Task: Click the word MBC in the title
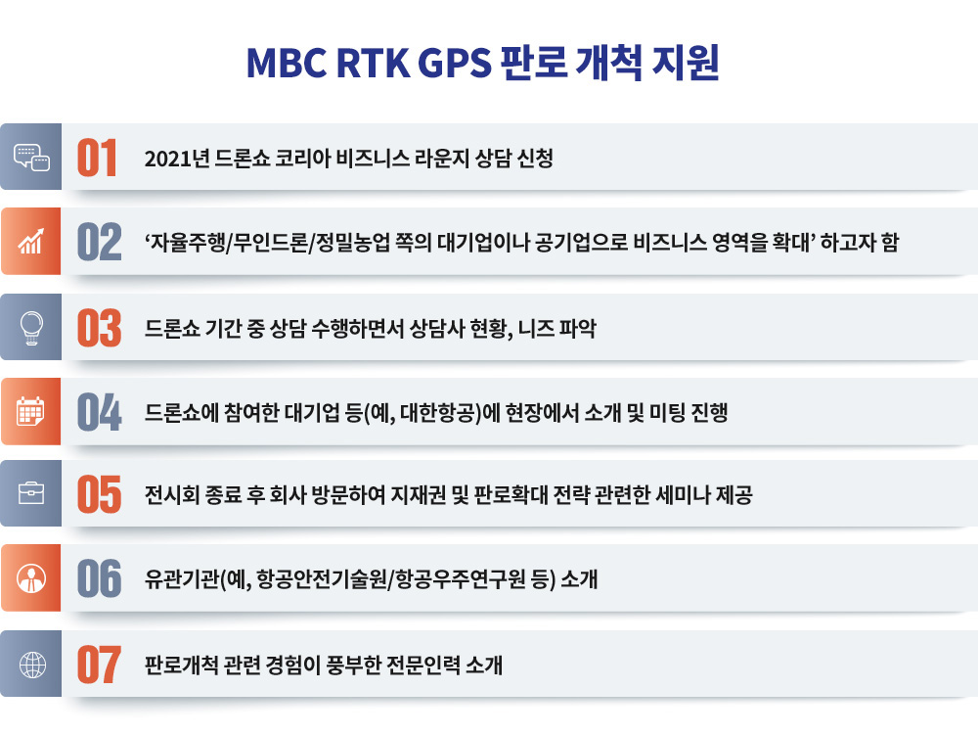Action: point(287,63)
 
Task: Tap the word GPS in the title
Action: point(455,63)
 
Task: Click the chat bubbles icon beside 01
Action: point(32,158)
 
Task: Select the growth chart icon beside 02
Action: point(30,242)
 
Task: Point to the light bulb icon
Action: point(31,328)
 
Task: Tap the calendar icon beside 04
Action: point(30,410)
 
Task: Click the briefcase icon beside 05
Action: point(31,493)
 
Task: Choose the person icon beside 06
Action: point(31,578)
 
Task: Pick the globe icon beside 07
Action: point(32,665)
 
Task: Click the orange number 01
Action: point(97,158)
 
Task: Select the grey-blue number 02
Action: point(99,242)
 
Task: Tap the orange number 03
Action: point(99,328)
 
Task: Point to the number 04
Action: point(99,412)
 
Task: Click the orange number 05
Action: point(99,494)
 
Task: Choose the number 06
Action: point(99,578)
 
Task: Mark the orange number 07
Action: point(99,666)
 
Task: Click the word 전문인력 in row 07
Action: point(423,666)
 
